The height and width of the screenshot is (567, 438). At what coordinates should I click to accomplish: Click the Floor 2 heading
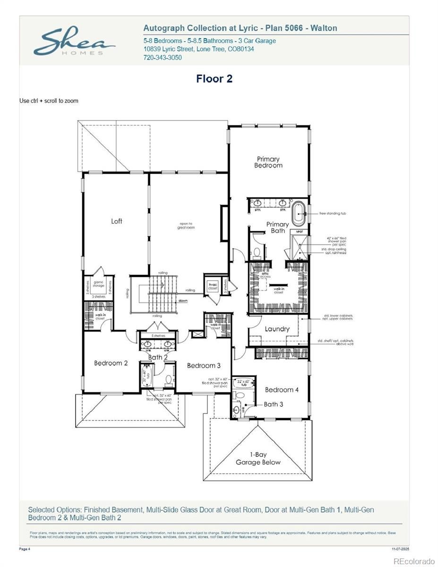tap(215, 79)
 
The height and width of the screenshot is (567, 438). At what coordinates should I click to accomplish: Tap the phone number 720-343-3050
tap(162, 58)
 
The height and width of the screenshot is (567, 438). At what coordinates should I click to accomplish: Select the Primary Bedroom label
tap(268, 162)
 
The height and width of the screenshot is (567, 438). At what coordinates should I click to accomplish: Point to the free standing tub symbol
tap(299, 214)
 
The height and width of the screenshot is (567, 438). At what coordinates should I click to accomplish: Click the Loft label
tap(117, 221)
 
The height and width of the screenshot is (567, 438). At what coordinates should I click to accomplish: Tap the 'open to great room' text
tap(186, 225)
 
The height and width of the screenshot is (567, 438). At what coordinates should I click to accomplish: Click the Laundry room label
tap(277, 329)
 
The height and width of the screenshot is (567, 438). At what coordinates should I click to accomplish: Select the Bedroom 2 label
tap(111, 363)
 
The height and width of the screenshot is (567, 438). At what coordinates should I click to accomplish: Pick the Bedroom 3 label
tap(204, 365)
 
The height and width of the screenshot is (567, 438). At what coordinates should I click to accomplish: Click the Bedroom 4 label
tap(282, 390)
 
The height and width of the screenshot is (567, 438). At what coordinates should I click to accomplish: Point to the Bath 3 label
tap(274, 404)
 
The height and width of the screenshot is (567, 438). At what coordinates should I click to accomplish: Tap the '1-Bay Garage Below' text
tap(258, 458)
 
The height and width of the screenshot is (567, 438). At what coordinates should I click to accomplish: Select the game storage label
tap(99, 283)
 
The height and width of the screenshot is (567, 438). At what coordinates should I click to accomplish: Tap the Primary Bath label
tap(277, 227)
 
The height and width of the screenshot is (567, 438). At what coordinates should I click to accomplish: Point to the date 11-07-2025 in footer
tap(400, 549)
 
